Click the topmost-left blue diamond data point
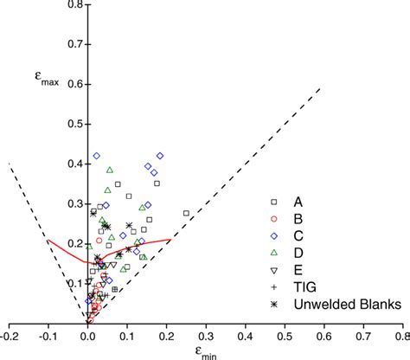[x=97, y=156]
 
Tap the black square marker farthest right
[x=186, y=213]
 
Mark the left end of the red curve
[x=48, y=241]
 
